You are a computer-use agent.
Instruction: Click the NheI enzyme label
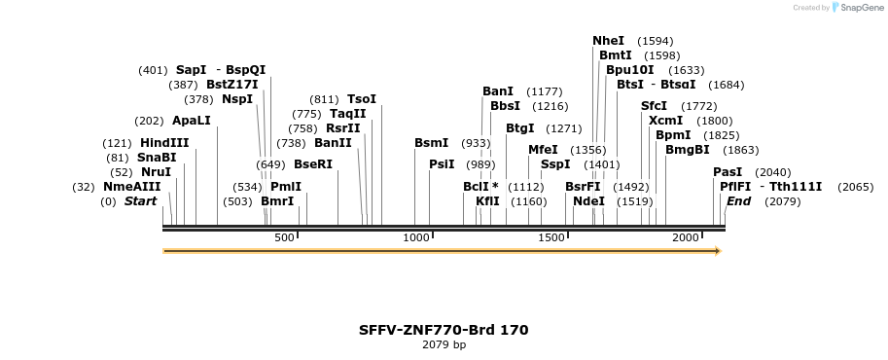608,41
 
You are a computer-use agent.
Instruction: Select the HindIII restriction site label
164,143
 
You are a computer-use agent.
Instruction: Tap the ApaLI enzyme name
191,121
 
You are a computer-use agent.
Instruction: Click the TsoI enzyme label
362,99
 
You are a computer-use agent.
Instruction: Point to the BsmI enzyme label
431,143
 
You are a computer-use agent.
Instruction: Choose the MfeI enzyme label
543,150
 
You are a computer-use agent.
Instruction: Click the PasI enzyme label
728,172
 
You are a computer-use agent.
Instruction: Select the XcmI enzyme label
665,121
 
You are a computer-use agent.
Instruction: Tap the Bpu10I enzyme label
629,70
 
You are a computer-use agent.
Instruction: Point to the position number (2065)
855,187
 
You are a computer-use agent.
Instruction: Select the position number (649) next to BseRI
270,164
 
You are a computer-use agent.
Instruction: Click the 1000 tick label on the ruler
416,237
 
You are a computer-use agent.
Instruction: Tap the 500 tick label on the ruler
284,237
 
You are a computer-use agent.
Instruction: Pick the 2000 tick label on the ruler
686,237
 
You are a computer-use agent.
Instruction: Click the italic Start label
140,201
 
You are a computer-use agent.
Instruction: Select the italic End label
738,201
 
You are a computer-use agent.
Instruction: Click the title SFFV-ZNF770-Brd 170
444,330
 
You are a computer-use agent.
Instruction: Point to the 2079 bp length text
444,344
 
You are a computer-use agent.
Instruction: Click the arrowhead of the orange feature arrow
718,251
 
